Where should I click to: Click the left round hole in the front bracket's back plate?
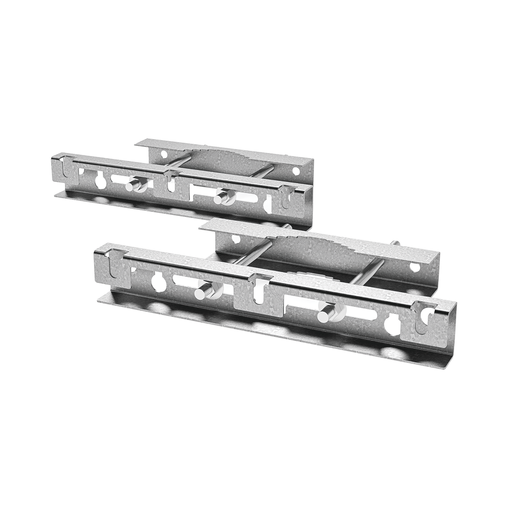(x=236, y=238)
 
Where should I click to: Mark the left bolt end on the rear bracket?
(x=136, y=186)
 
